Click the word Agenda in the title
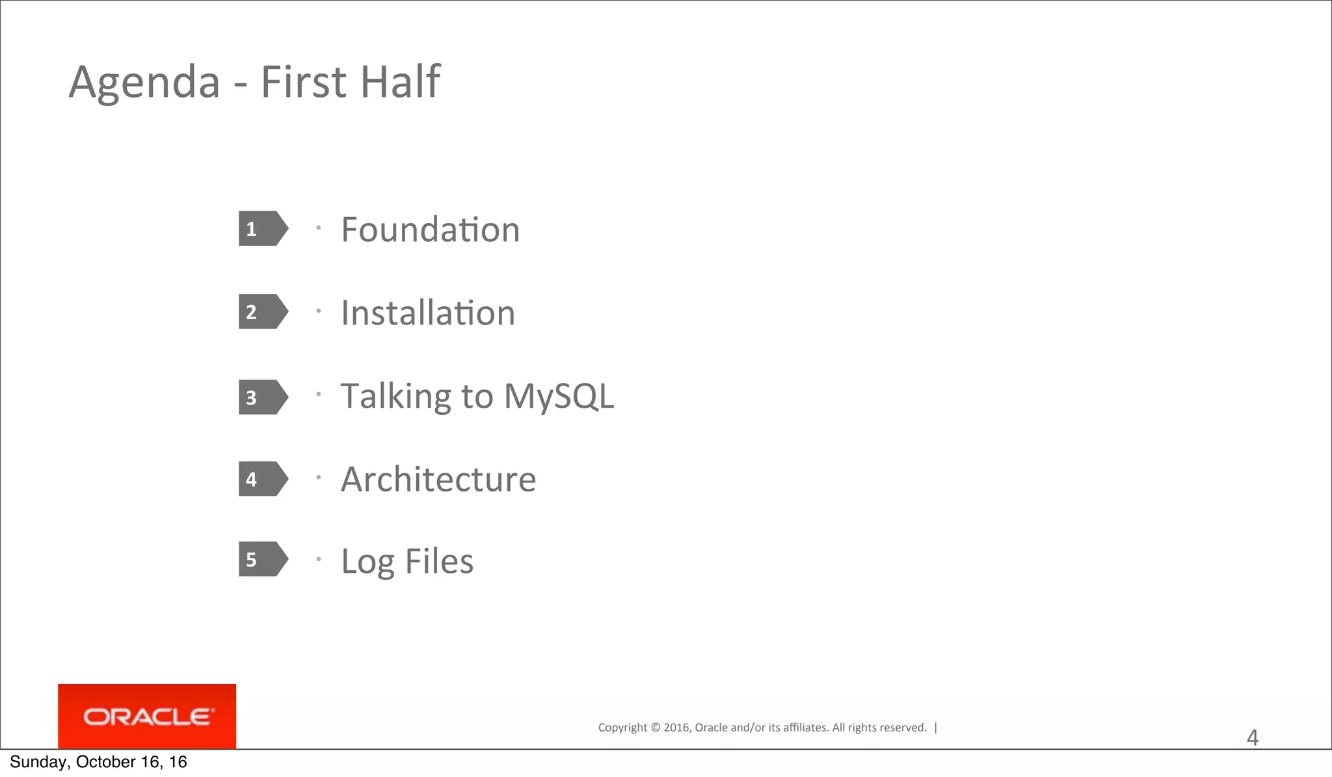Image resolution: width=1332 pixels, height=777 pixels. click(x=144, y=83)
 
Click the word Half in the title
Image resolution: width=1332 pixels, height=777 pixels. click(x=400, y=82)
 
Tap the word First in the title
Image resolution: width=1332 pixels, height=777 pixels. click(x=303, y=82)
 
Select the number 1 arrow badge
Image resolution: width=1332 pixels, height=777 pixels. click(x=262, y=228)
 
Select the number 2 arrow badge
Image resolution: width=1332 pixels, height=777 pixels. click(x=262, y=311)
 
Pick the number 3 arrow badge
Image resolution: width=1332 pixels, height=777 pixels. click(x=262, y=397)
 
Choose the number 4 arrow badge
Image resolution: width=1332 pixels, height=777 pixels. click(x=262, y=479)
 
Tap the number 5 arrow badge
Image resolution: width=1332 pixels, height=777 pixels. click(x=262, y=559)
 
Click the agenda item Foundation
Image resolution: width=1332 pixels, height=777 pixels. click(x=430, y=230)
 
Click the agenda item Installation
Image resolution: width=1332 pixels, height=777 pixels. click(x=428, y=313)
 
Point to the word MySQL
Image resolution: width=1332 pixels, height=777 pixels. click(x=559, y=396)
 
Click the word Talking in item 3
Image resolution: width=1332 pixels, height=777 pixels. click(x=395, y=396)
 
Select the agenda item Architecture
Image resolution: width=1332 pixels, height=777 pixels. click(x=438, y=479)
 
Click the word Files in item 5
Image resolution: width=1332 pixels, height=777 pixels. click(x=439, y=560)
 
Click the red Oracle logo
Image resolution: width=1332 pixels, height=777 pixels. click(x=147, y=717)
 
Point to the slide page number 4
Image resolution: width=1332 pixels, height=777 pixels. click(x=1252, y=738)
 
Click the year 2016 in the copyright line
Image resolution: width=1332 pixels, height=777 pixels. click(x=677, y=728)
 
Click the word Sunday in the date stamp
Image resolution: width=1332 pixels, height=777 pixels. click(x=37, y=762)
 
